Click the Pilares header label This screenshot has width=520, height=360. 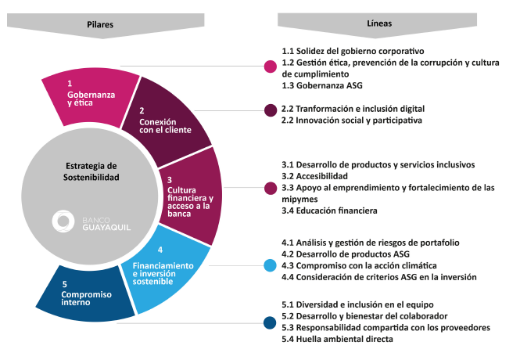click(x=100, y=24)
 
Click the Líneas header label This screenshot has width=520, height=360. click(x=379, y=23)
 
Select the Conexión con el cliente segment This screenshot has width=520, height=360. click(x=166, y=123)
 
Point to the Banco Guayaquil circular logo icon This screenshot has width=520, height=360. click(x=63, y=221)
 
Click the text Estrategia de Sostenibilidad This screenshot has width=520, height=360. click(x=91, y=171)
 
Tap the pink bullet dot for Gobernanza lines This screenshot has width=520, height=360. click(x=271, y=67)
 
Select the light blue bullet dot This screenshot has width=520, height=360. click(x=270, y=265)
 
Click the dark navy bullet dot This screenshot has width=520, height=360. click(x=270, y=323)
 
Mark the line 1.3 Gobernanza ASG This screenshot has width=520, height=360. click(x=322, y=85)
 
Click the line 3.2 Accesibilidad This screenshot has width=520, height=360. click(x=314, y=176)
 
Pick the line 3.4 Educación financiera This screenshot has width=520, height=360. click(x=329, y=211)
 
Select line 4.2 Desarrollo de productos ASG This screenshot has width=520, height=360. click(x=346, y=254)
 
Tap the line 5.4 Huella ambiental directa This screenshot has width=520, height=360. click(x=337, y=339)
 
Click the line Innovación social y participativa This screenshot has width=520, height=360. click(x=352, y=120)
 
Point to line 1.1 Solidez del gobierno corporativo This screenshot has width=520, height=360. click(x=353, y=51)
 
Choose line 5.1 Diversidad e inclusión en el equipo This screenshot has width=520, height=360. click(x=357, y=304)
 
